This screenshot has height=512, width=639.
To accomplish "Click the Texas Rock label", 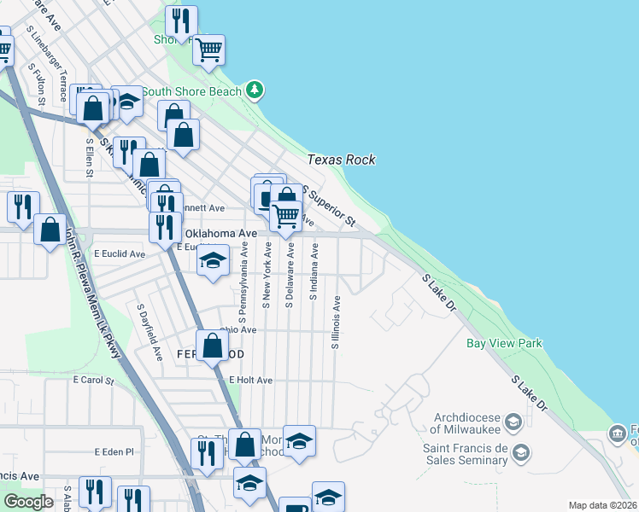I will pos(341,160).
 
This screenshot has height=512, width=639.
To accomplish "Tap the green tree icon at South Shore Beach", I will pos(254,90).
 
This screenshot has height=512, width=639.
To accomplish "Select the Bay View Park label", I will pos(504,344).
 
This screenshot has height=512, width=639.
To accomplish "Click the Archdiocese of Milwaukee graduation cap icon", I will pos(513,422).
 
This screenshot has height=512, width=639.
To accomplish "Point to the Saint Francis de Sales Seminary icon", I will pos(523,451).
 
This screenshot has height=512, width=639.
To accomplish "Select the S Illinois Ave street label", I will pos(337,323).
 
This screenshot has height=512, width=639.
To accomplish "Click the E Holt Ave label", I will pos(250,380).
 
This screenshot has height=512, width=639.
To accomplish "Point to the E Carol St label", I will pos(93,380).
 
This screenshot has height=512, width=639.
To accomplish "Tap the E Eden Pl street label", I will pos(114,451).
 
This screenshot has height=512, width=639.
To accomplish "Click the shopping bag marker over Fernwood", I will pos(213,346).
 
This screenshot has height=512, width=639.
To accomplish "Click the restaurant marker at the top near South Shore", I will pos(181,20).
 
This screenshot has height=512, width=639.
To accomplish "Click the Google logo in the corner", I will pos(28,502).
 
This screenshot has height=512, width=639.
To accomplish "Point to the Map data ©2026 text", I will pos(602,505).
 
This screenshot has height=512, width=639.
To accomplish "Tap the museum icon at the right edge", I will pos(618,434).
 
